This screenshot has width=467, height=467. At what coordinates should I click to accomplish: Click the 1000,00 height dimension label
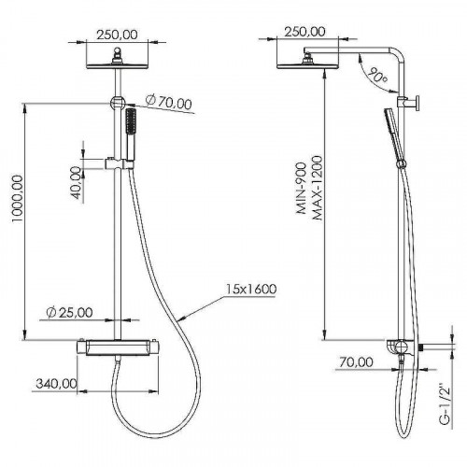pyautogui.click(x=18, y=199)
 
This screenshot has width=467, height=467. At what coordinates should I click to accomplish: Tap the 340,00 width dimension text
pyautogui.click(x=56, y=384)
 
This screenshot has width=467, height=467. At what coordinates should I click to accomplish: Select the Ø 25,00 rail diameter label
pyautogui.click(x=69, y=313)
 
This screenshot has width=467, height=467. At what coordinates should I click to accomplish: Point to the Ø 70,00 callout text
pyautogui.click(x=169, y=102)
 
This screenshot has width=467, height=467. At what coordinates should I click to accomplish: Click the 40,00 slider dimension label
pyautogui.click(x=76, y=183)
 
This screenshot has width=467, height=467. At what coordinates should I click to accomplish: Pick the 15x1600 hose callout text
pyautogui.click(x=251, y=290)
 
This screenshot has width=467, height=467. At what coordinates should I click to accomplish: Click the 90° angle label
pyautogui.click(x=377, y=75)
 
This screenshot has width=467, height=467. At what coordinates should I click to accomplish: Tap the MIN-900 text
pyautogui.click(x=302, y=188)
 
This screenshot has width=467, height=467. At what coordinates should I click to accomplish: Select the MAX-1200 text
pyautogui.click(x=318, y=188)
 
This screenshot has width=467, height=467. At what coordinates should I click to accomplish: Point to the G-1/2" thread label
pyautogui.click(x=446, y=404)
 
